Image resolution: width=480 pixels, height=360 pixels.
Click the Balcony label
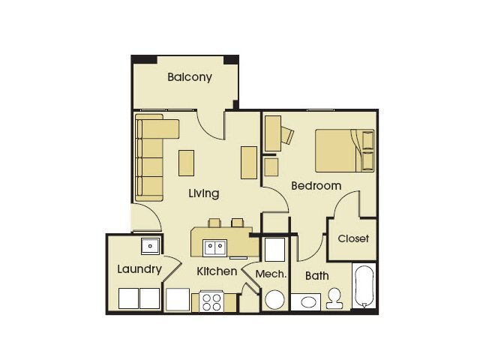coord(189,77)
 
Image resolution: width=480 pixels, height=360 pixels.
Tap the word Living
coord(203,193)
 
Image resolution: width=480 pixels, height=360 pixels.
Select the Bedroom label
coord(316,185)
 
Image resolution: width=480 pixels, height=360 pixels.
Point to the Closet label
coord(353,239)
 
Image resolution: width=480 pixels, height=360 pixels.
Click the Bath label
coord(316,276)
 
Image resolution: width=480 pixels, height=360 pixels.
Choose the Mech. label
coord(271,274)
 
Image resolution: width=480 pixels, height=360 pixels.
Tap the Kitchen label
coord(217,271)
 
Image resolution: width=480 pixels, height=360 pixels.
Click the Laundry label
coord(139,269)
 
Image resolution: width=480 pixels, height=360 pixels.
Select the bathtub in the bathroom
coord(364,286)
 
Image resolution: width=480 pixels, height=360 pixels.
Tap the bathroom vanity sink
coord(307,302)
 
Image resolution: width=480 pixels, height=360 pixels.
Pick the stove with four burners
coord(211,301)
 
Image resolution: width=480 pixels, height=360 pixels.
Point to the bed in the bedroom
coord(344,150)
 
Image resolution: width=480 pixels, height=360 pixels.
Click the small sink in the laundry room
coord(150,244)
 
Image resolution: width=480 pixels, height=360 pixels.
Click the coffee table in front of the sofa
coord(186,163)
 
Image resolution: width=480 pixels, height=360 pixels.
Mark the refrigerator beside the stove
coord(178,299)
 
